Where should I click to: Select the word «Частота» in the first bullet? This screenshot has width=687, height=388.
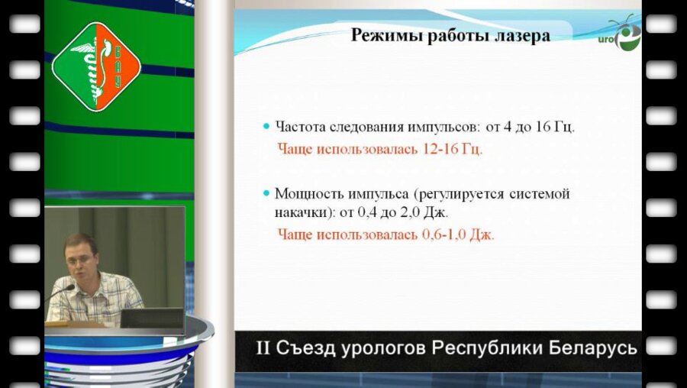[x=300, y=126]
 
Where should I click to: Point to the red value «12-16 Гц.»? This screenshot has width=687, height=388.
[x=453, y=148]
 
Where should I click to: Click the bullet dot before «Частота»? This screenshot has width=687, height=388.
[x=266, y=126]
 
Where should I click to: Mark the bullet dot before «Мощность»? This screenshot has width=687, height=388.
[x=266, y=194]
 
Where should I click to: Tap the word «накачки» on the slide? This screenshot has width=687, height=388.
[x=302, y=211]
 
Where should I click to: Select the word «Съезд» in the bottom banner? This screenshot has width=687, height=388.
[x=302, y=349]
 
